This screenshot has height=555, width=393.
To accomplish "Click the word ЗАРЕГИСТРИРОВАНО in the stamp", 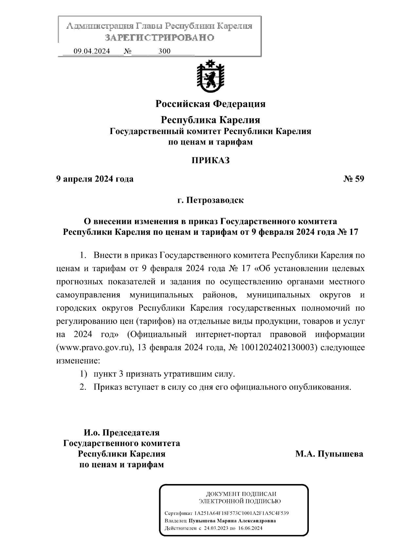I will [x=159, y=38].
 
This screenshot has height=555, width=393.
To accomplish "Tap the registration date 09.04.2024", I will [x=92, y=51].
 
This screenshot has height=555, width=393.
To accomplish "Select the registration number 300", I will [x=164, y=51].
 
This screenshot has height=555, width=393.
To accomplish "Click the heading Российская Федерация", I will [x=210, y=104].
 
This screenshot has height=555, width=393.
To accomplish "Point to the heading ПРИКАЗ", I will [x=210, y=161].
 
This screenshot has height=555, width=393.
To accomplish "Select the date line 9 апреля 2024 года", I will [x=95, y=179].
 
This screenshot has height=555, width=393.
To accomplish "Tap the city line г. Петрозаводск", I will [x=210, y=200].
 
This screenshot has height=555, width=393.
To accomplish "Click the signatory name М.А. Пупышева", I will [x=329, y=454].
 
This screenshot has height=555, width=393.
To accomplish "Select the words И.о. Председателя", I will [x=122, y=433].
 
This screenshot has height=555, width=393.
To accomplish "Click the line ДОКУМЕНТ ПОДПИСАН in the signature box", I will [x=241, y=494].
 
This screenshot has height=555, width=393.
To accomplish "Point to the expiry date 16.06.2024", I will [x=250, y=528].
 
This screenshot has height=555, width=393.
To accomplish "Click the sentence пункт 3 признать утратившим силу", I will [x=164, y=374].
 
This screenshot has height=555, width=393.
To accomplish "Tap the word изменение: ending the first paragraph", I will [x=77, y=361].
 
